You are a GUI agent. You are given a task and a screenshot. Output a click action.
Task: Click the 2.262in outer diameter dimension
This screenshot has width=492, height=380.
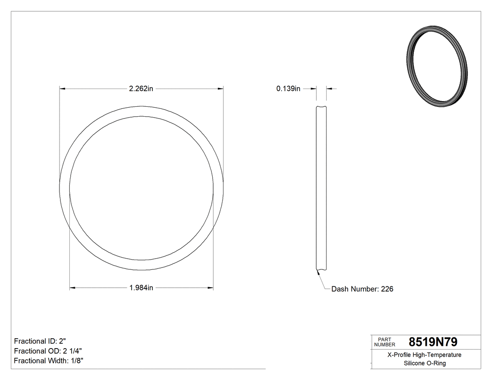pos(141,89)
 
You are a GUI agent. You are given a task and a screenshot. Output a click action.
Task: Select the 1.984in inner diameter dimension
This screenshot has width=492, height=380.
pos(141,288)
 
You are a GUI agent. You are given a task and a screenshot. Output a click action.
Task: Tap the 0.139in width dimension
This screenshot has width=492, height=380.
pos(288,89)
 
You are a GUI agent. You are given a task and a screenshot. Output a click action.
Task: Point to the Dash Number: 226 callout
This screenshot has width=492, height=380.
pos(362,289)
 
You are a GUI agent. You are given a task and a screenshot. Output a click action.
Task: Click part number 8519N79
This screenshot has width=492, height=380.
pos(433,342)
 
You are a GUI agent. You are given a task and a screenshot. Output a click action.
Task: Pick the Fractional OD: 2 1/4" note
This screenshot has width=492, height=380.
pos(48,351)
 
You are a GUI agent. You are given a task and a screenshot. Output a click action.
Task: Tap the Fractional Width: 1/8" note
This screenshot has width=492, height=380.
pos(49,361)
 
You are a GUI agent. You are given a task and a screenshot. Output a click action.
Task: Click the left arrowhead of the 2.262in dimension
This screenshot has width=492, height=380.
pos(62,88)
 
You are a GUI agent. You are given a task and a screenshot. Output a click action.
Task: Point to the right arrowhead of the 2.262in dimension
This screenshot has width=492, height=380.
pos(220,88)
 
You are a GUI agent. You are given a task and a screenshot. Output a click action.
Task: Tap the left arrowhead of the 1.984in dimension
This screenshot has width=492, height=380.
pos(73,288)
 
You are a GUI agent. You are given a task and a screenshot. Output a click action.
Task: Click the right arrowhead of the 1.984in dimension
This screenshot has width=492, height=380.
pos(210,288)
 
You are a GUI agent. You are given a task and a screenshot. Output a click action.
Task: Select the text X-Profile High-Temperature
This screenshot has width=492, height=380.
pos(424,355)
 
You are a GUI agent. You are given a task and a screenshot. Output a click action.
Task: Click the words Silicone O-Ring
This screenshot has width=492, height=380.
pos(424,364)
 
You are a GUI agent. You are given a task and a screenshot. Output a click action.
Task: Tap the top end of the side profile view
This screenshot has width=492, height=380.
pos(321,108)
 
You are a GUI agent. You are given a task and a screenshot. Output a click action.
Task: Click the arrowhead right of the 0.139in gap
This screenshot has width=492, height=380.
pos(329,88)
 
